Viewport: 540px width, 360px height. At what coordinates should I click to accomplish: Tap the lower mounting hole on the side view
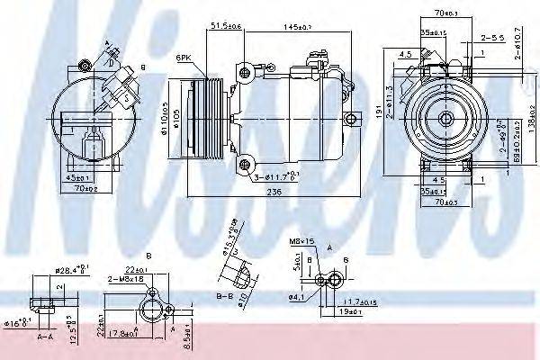point(243,162)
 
